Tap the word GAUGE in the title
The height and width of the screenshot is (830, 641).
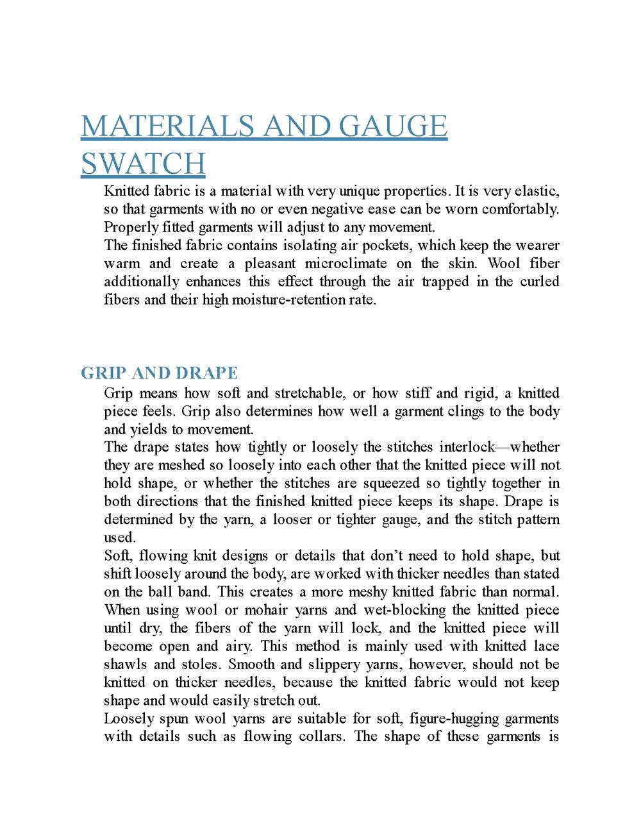[392, 126]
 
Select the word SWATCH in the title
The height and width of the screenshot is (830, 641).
[143, 164]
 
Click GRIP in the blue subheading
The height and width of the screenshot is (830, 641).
[103, 373]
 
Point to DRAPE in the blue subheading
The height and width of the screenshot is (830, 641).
[206, 373]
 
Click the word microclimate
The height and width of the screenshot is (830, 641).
[345, 264]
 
